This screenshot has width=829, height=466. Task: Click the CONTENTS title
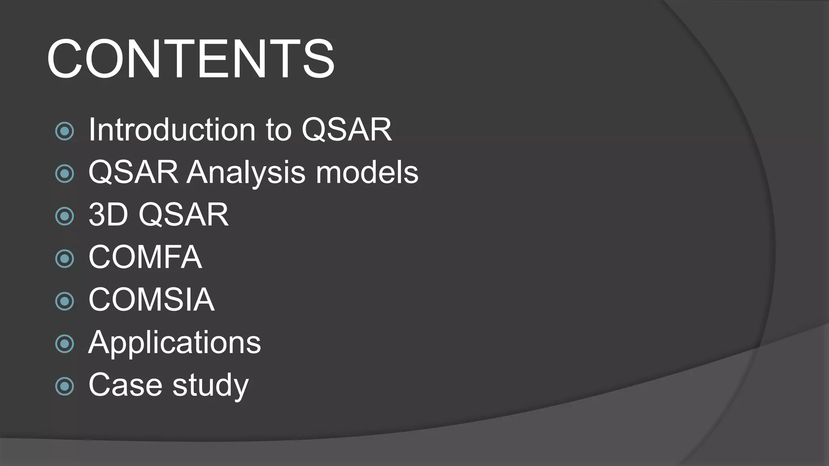pos(191,59)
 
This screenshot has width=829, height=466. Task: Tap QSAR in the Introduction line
pos(347,130)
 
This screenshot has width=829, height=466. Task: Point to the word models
pos(367,172)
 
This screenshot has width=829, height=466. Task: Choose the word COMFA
pos(145,257)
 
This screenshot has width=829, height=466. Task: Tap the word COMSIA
pos(151,299)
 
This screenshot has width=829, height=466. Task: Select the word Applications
pos(174,343)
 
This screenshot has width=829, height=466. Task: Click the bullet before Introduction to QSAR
pos(65,131)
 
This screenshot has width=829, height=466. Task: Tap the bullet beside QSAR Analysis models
pos(65,174)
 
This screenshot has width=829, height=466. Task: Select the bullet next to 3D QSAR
pos(65,216)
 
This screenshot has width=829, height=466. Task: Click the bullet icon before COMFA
pos(65,258)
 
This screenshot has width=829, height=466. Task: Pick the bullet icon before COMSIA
pos(65,301)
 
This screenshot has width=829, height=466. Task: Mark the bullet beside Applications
pos(65,344)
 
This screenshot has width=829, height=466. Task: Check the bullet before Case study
pos(65,386)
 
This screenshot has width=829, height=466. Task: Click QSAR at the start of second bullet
pos(134,172)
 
